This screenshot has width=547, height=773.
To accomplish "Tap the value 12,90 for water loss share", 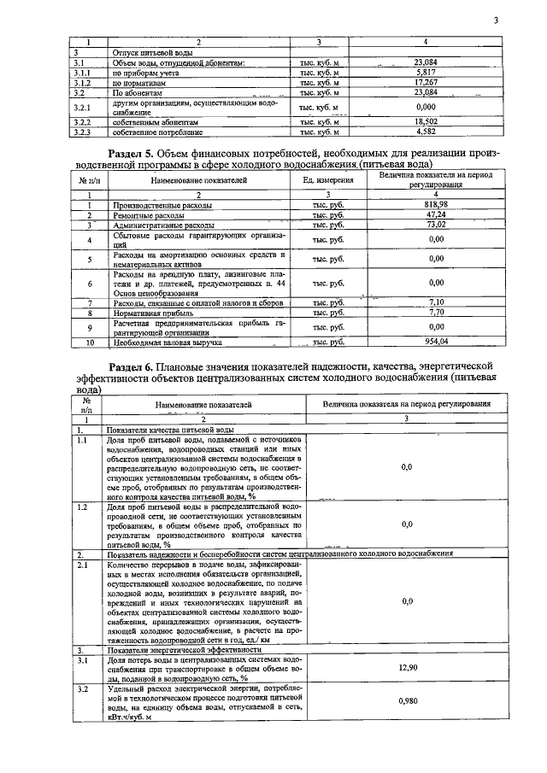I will (x=407, y=667).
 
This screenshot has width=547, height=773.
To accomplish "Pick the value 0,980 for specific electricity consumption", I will (x=407, y=701).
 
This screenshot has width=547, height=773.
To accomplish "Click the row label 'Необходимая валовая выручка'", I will (x=167, y=343).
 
